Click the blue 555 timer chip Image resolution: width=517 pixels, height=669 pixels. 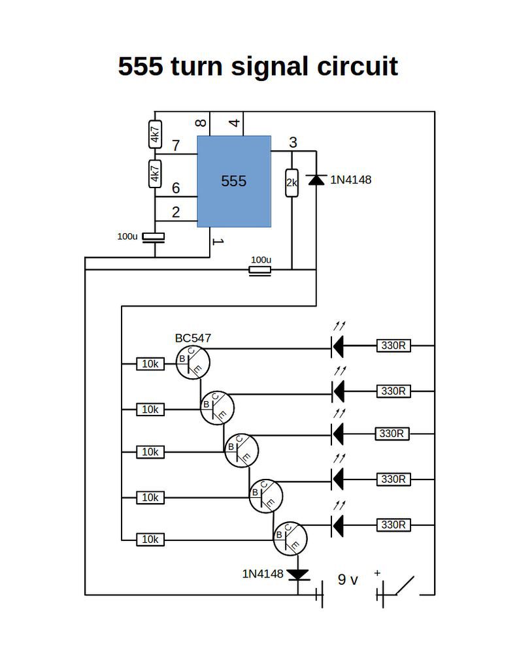pos(234,182)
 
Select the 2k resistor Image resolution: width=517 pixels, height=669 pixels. pos(292,183)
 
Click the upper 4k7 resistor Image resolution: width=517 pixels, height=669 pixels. pos(155,135)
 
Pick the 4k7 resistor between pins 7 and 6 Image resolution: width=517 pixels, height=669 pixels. pos(155,174)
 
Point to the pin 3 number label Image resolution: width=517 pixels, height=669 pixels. pos(293,142)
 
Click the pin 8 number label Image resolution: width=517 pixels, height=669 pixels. pos(201,123)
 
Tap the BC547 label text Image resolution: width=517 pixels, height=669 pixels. pos(193,338)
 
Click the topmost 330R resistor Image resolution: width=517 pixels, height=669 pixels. pos(393,345)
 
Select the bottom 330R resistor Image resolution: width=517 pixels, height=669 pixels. pos(393,525)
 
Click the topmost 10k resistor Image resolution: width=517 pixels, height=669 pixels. pos(150,364)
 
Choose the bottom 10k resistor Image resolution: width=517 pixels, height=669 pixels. pos(150,540)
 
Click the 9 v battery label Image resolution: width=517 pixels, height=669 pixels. pos(348,579)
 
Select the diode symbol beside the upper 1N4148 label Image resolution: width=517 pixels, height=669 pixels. pos(316,180)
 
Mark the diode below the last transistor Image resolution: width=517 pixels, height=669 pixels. pos(298,575)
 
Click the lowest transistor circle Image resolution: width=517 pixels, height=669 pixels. pos(290,539)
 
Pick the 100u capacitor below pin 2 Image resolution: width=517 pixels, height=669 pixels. pos(153,237)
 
